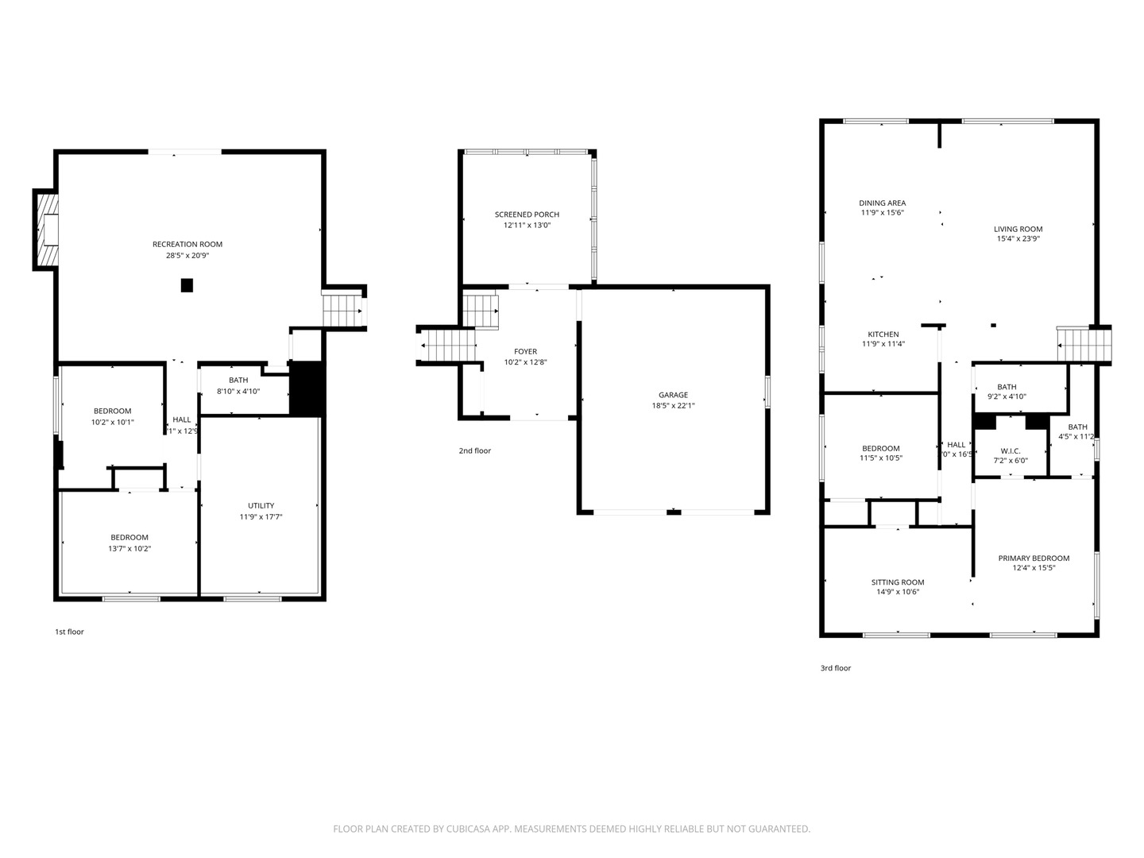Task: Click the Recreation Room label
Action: coord(187,245)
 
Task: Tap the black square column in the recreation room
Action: coord(187,285)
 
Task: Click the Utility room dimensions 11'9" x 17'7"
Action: coord(261,517)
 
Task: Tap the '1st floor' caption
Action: coord(69,632)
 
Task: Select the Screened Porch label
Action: coord(527,214)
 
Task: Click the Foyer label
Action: coord(525,351)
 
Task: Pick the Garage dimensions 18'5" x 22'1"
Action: coord(673,406)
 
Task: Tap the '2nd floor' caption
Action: coord(474,451)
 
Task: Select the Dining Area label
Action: coord(882,203)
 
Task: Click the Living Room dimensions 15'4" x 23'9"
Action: coord(1018,239)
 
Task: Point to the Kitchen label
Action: coord(883,334)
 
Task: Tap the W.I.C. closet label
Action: coord(1011,450)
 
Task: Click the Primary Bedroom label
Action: coord(1034,558)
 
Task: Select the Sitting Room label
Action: coord(897,582)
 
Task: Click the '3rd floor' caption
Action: coord(835,669)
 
